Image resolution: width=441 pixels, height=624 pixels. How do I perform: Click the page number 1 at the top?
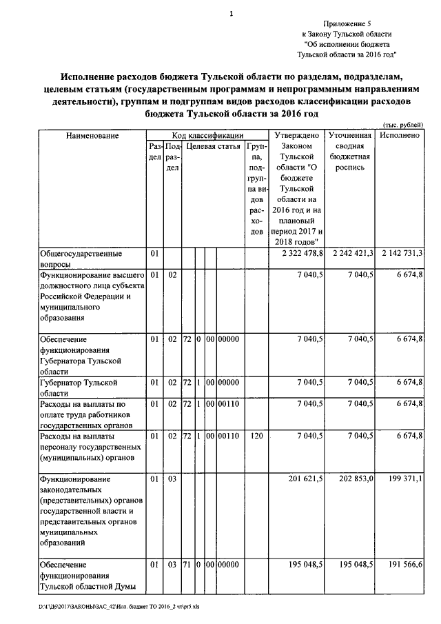coord(232,13)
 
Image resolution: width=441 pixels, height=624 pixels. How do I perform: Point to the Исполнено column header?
coord(400,136)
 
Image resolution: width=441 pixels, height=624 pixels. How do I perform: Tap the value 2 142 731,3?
coord(401,254)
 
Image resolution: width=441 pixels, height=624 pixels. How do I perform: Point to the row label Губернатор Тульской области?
coord(76,387)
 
